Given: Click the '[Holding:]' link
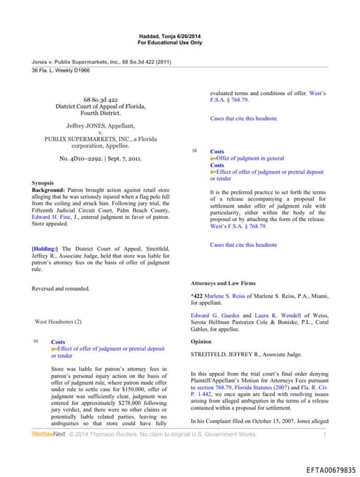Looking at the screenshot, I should tap(46, 249).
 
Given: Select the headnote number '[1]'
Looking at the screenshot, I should tap(36, 341).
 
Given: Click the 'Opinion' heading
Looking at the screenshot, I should tap(202, 341).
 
